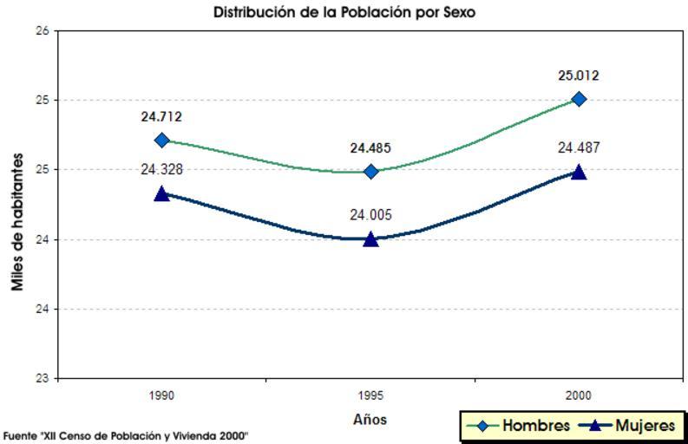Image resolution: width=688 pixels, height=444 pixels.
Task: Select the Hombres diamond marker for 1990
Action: pos(161,140)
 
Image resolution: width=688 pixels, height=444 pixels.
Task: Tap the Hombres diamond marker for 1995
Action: pos(370,172)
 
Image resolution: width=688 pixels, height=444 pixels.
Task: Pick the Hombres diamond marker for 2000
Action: pos(579,99)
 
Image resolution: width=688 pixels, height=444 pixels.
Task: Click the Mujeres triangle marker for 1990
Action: pos(161,193)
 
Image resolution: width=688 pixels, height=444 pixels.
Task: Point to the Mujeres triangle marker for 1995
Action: pos(370,238)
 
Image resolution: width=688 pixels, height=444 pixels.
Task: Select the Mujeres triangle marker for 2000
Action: pos(579,172)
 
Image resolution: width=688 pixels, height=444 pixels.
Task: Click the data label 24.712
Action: pos(161,117)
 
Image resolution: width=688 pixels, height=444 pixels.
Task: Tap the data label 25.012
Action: pos(579,75)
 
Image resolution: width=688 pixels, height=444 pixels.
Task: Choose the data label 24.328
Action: pos(161,169)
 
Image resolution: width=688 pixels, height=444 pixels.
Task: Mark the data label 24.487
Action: pos(579,147)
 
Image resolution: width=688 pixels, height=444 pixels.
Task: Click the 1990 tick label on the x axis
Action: pos(161,395)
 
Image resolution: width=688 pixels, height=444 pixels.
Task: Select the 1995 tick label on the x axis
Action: pos(370,395)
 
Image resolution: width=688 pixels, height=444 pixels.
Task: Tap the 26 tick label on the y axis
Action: pos(40,31)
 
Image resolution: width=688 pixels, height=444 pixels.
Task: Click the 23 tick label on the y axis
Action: pos(40,379)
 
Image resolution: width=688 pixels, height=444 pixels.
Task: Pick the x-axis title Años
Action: pos(370,420)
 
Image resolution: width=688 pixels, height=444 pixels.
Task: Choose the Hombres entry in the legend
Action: pos(518,426)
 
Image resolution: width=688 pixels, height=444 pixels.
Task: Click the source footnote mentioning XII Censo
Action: pos(126,434)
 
